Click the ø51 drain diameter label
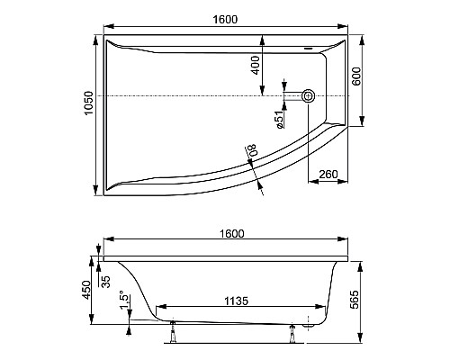point(280,118)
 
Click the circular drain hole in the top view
point(309,94)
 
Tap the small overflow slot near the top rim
point(312,49)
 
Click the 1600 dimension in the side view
point(229,234)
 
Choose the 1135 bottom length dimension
point(235,301)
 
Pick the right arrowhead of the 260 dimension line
point(346,177)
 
